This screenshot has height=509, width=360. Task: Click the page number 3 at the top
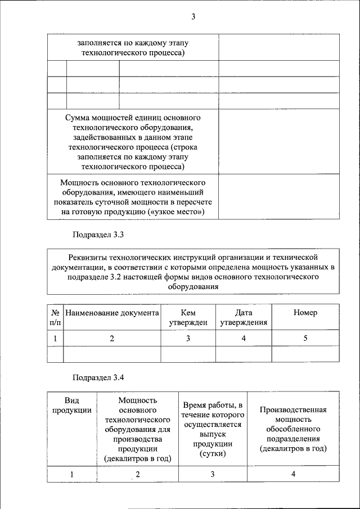pyautogui.click(x=192, y=17)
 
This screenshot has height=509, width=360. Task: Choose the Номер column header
pyautogui.click(x=305, y=313)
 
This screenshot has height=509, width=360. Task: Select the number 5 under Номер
pyautogui.click(x=305, y=339)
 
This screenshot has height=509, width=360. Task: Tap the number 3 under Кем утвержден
pyautogui.click(x=188, y=339)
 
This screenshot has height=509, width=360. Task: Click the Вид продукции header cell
pyautogui.click(x=71, y=405)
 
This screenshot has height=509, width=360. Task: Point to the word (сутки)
pyautogui.click(x=213, y=454)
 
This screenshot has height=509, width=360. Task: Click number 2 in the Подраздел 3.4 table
pyautogui.click(x=137, y=475)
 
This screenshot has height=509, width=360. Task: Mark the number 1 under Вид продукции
pyautogui.click(x=71, y=474)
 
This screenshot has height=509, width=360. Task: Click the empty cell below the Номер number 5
pyautogui.click(x=305, y=354)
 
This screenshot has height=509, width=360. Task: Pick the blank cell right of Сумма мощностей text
pyautogui.click(x=278, y=142)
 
